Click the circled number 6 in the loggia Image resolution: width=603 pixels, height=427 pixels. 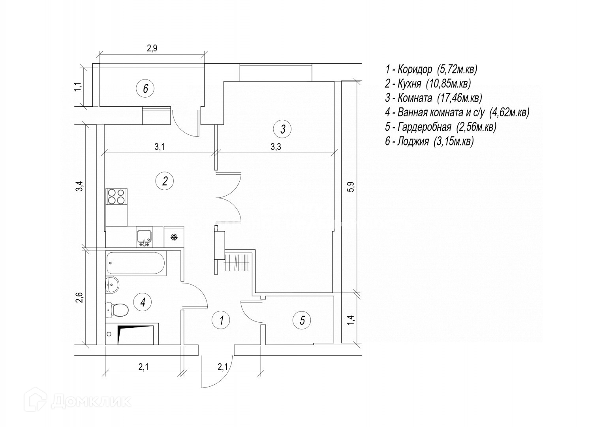[145, 89]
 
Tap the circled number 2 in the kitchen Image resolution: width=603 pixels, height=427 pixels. [165, 181]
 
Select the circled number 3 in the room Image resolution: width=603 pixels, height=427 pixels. [283, 128]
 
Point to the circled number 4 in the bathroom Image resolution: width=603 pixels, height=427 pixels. [143, 302]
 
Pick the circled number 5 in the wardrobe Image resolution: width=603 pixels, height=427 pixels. [302, 320]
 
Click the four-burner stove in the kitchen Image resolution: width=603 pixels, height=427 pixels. [116, 196]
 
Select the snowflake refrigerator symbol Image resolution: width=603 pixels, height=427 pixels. [173, 237]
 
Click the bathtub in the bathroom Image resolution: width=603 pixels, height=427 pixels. [136, 263]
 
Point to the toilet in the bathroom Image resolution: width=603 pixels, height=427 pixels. [117, 310]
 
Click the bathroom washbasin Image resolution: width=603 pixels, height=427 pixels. [113, 285]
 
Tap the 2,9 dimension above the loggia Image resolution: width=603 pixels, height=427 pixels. [152, 49]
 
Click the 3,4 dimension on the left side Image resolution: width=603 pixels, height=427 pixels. [80, 186]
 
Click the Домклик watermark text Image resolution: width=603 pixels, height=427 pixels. [92, 401]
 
